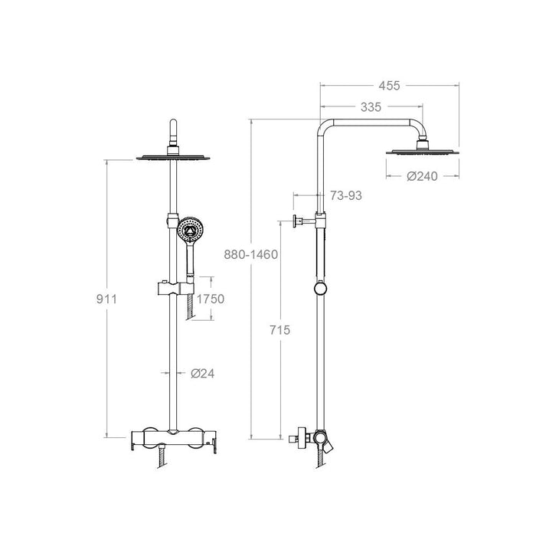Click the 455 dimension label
tap(389, 85)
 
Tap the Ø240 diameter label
tap(422, 176)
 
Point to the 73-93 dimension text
tap(347, 197)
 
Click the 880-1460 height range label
tap(250, 254)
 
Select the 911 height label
tap(105, 299)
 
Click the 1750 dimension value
tap(209, 299)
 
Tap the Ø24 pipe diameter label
tap(201, 374)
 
